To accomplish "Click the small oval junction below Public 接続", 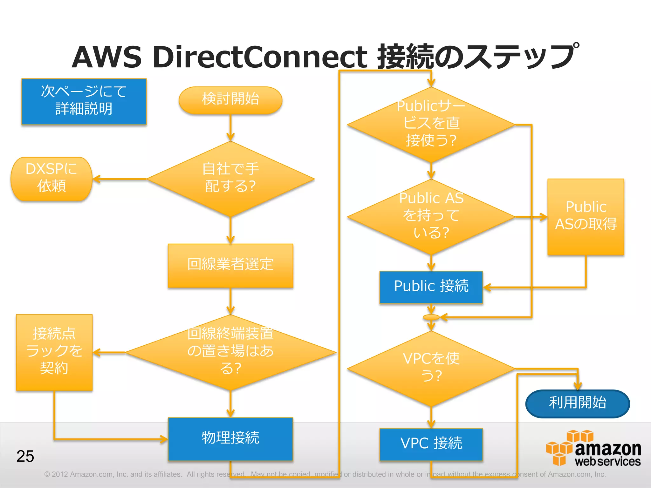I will click(x=431, y=317).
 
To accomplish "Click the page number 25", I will click(x=25, y=456).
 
